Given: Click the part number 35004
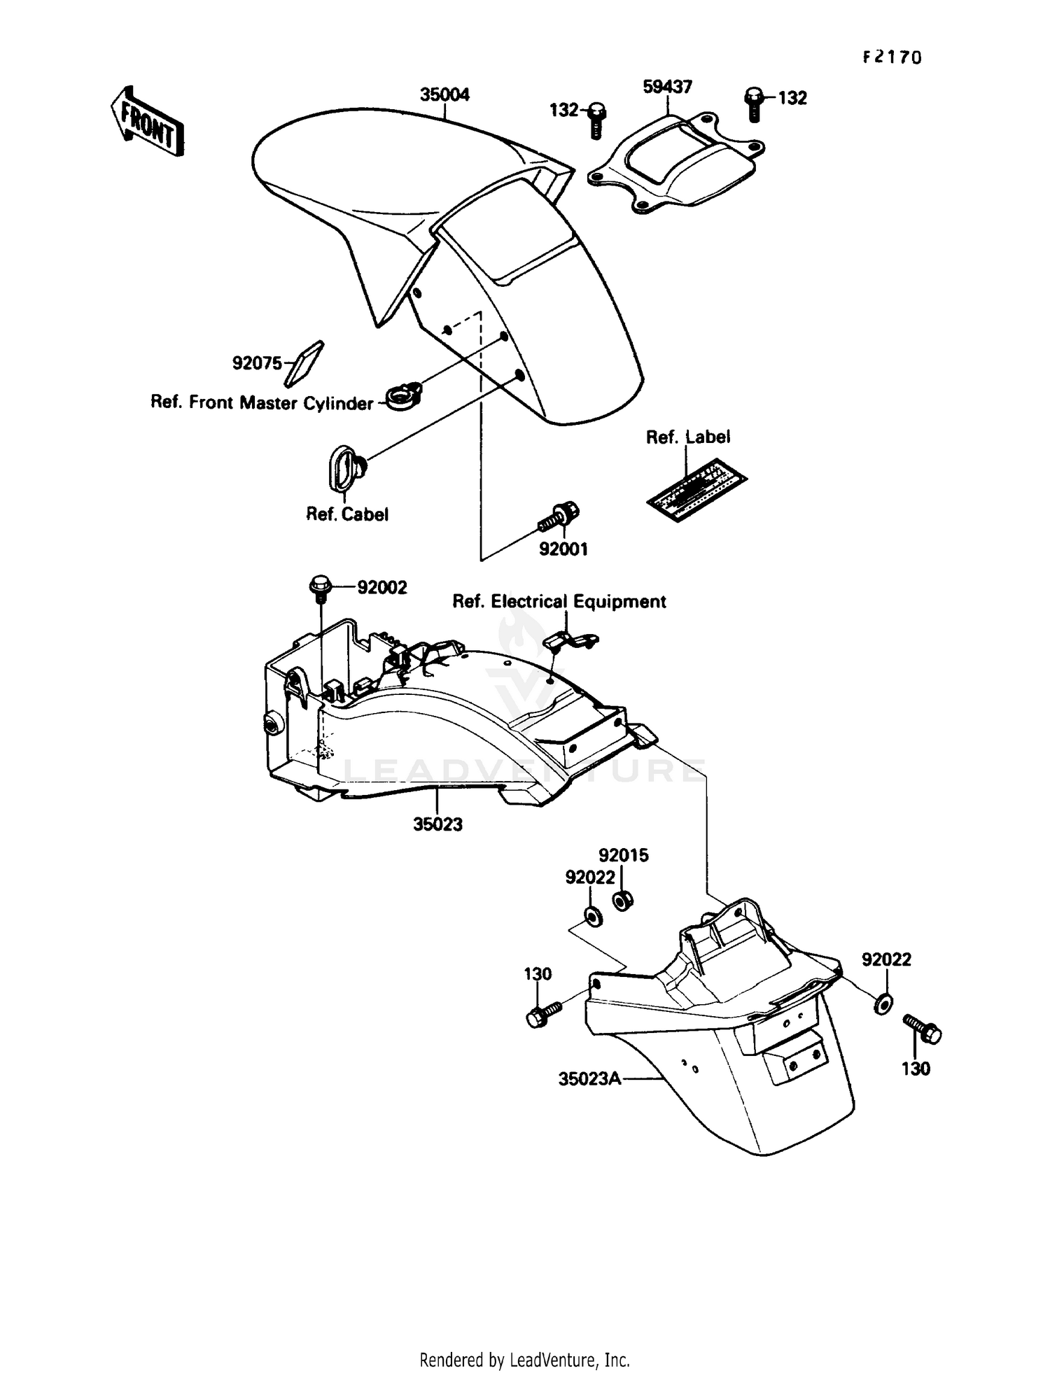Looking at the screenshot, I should [444, 94].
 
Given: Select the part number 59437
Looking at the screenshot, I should [667, 87].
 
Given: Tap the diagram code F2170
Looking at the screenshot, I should [892, 57].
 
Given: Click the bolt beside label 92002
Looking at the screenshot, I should [318, 587].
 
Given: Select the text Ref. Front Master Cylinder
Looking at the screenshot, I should [262, 403].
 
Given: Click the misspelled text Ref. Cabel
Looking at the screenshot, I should [347, 514].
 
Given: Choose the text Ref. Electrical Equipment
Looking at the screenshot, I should [559, 601].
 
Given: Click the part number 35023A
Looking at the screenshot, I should [589, 1079].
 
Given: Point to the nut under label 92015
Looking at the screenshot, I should [621, 900].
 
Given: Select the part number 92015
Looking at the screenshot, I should [623, 855].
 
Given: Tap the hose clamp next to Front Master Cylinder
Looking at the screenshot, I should [405, 396].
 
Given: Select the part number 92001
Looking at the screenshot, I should [563, 549].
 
